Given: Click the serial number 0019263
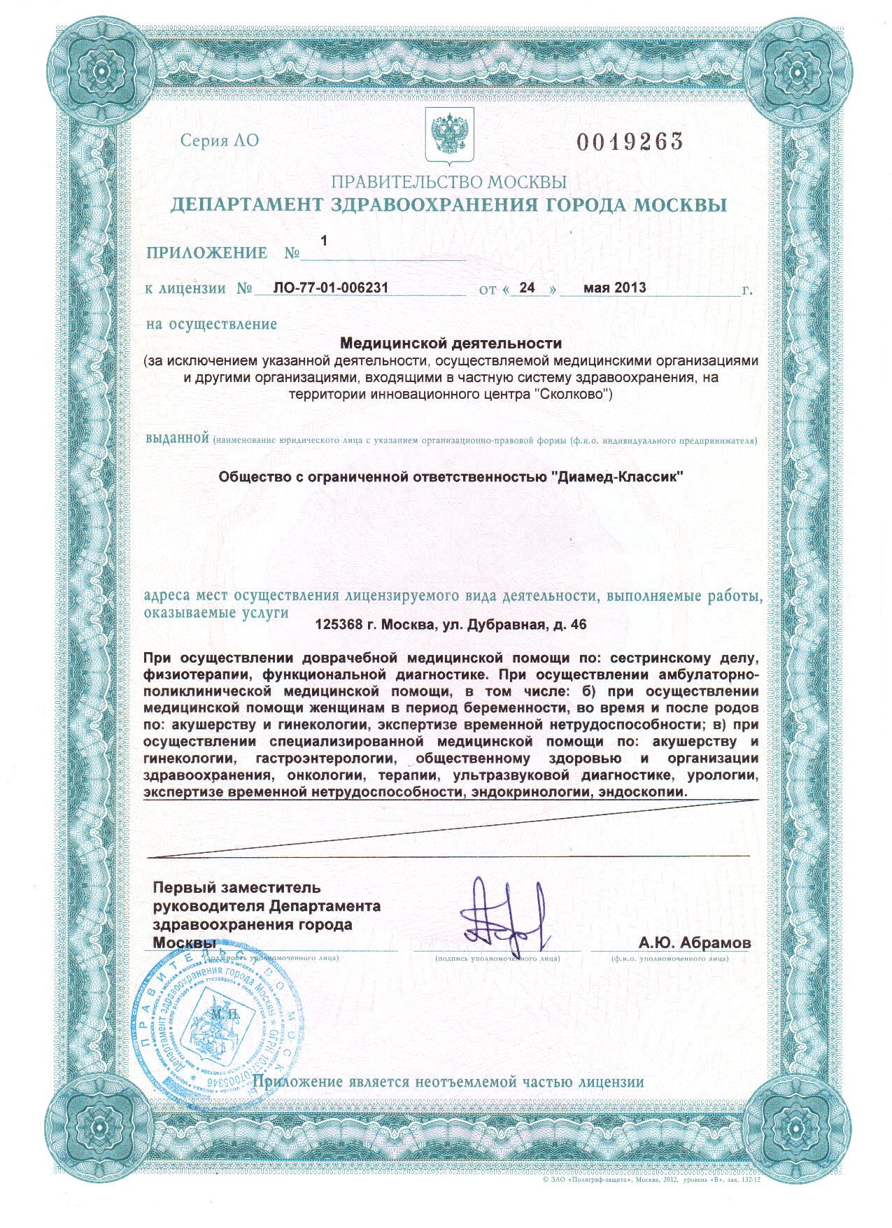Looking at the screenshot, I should pyautogui.click(x=629, y=142).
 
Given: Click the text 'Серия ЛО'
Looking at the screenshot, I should pyautogui.click(x=219, y=141).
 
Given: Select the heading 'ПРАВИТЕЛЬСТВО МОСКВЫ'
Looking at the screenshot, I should pyautogui.click(x=448, y=183).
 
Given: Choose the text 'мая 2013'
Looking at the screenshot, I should pyautogui.click(x=614, y=288).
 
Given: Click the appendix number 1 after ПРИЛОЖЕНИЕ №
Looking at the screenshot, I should pyautogui.click(x=323, y=241).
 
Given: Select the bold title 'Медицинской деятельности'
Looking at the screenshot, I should pyautogui.click(x=451, y=344).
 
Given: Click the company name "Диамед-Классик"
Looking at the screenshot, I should pyautogui.click(x=617, y=477).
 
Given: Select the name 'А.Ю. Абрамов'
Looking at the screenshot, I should pyautogui.click(x=694, y=943).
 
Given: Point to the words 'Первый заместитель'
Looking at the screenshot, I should pyautogui.click(x=237, y=888).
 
